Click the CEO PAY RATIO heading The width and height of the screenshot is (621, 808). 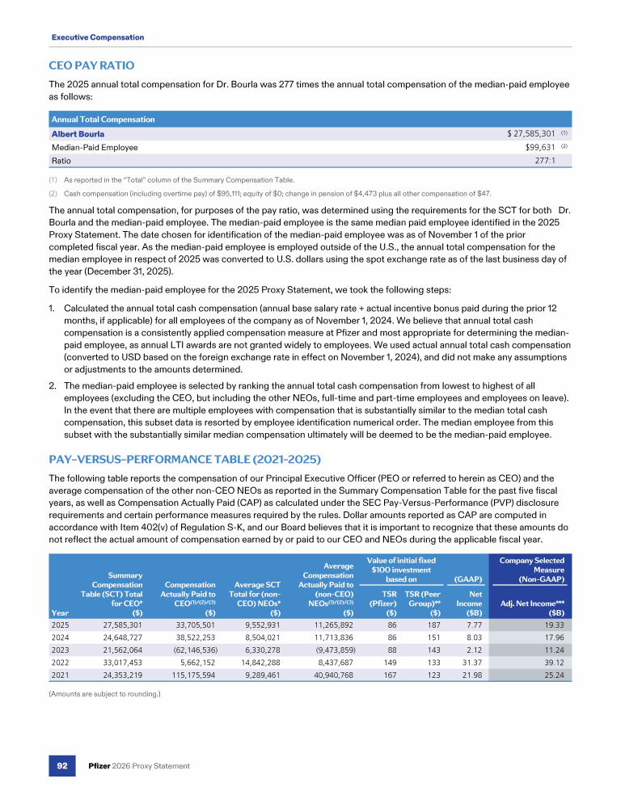coord(91,65)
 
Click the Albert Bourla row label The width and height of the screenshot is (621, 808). coord(78,133)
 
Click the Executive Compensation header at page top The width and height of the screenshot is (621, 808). coord(97,37)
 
